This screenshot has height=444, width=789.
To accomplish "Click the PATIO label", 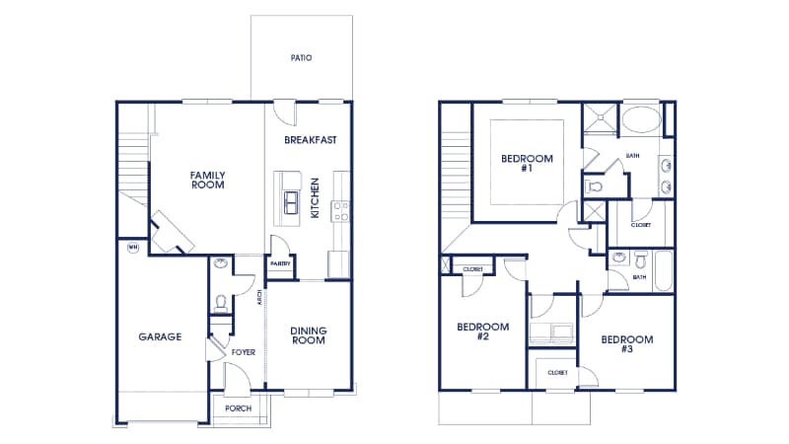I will click(301, 58).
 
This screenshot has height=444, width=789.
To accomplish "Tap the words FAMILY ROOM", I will click(207, 179).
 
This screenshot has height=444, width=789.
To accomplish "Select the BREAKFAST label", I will click(311, 140).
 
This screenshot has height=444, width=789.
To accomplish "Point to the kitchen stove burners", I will click(341, 210).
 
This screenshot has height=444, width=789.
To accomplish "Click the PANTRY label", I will click(279, 264).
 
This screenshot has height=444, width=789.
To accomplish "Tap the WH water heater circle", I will click(132, 248).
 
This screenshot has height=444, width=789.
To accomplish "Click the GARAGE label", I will click(160, 336).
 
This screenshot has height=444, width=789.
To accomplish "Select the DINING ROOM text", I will click(309, 335).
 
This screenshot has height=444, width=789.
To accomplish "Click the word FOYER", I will click(243, 351).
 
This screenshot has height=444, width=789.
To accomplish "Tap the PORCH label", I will click(238, 408).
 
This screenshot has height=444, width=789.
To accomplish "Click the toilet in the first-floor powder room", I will click(221, 302).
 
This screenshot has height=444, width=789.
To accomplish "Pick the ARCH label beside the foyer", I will click(258, 297).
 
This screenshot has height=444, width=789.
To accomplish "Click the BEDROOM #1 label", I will click(527, 163).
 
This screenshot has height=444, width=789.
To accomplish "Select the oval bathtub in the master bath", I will click(641, 121).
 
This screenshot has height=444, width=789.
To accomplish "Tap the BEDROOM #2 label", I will click(482, 332).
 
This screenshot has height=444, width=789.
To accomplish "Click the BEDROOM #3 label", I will click(626, 344).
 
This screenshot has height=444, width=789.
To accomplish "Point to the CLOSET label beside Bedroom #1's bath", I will click(641, 225).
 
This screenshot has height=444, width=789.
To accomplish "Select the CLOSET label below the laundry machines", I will click(557, 373).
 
